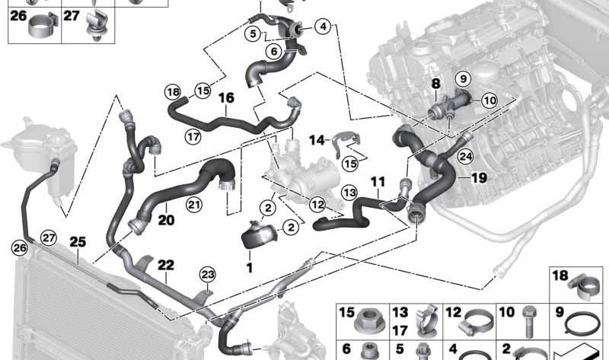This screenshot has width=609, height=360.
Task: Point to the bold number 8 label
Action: [436, 82]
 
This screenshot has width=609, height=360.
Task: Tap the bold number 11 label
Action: [378, 182]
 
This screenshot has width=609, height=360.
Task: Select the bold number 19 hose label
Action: [478, 177]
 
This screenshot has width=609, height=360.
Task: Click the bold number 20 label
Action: [167, 220]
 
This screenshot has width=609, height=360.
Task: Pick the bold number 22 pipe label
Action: [166, 265]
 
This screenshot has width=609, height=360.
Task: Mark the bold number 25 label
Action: [78, 241]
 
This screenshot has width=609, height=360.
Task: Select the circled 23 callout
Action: [208, 274]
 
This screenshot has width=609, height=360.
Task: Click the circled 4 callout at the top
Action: [324, 27]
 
